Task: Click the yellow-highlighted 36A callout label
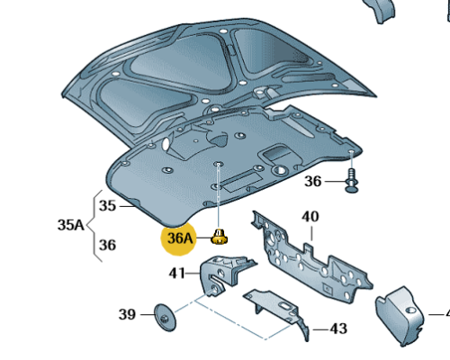tap(179, 238)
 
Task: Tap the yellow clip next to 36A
tap(220, 237)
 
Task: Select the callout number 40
tap(310, 217)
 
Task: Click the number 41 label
tap(177, 274)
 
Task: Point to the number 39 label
tap(127, 314)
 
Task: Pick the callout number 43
tap(338, 329)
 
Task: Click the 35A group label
tap(71, 225)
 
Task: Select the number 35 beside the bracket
tap(107, 206)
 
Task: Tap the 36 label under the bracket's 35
tap(107, 245)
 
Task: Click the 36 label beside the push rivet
tap(313, 182)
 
